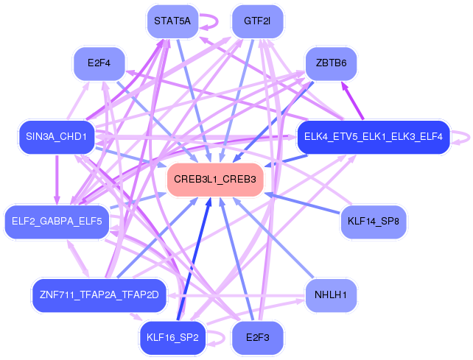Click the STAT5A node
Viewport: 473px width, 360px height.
coord(172,21)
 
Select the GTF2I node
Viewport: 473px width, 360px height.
coord(257,21)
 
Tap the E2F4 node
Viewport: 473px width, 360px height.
coord(99,63)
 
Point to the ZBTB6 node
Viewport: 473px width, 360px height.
coord(332,63)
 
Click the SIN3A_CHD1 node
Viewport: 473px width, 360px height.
coord(57,137)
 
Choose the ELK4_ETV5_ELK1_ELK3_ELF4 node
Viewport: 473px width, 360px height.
coord(374,137)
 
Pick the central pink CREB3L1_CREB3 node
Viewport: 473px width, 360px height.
coord(215,180)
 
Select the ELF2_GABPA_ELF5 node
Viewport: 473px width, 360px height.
coord(57,222)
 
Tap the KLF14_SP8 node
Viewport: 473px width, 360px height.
coord(374,222)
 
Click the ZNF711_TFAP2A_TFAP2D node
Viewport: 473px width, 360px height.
coord(99,295)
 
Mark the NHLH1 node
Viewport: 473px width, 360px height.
coord(332,295)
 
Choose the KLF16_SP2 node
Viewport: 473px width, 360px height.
coord(172,338)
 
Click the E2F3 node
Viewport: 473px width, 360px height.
coord(257,338)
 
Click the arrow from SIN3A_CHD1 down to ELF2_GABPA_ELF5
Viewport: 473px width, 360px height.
coord(57,180)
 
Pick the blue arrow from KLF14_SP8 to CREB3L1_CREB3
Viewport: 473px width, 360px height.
coord(302,203)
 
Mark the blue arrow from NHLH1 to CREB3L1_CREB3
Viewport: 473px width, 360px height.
coord(273,238)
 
